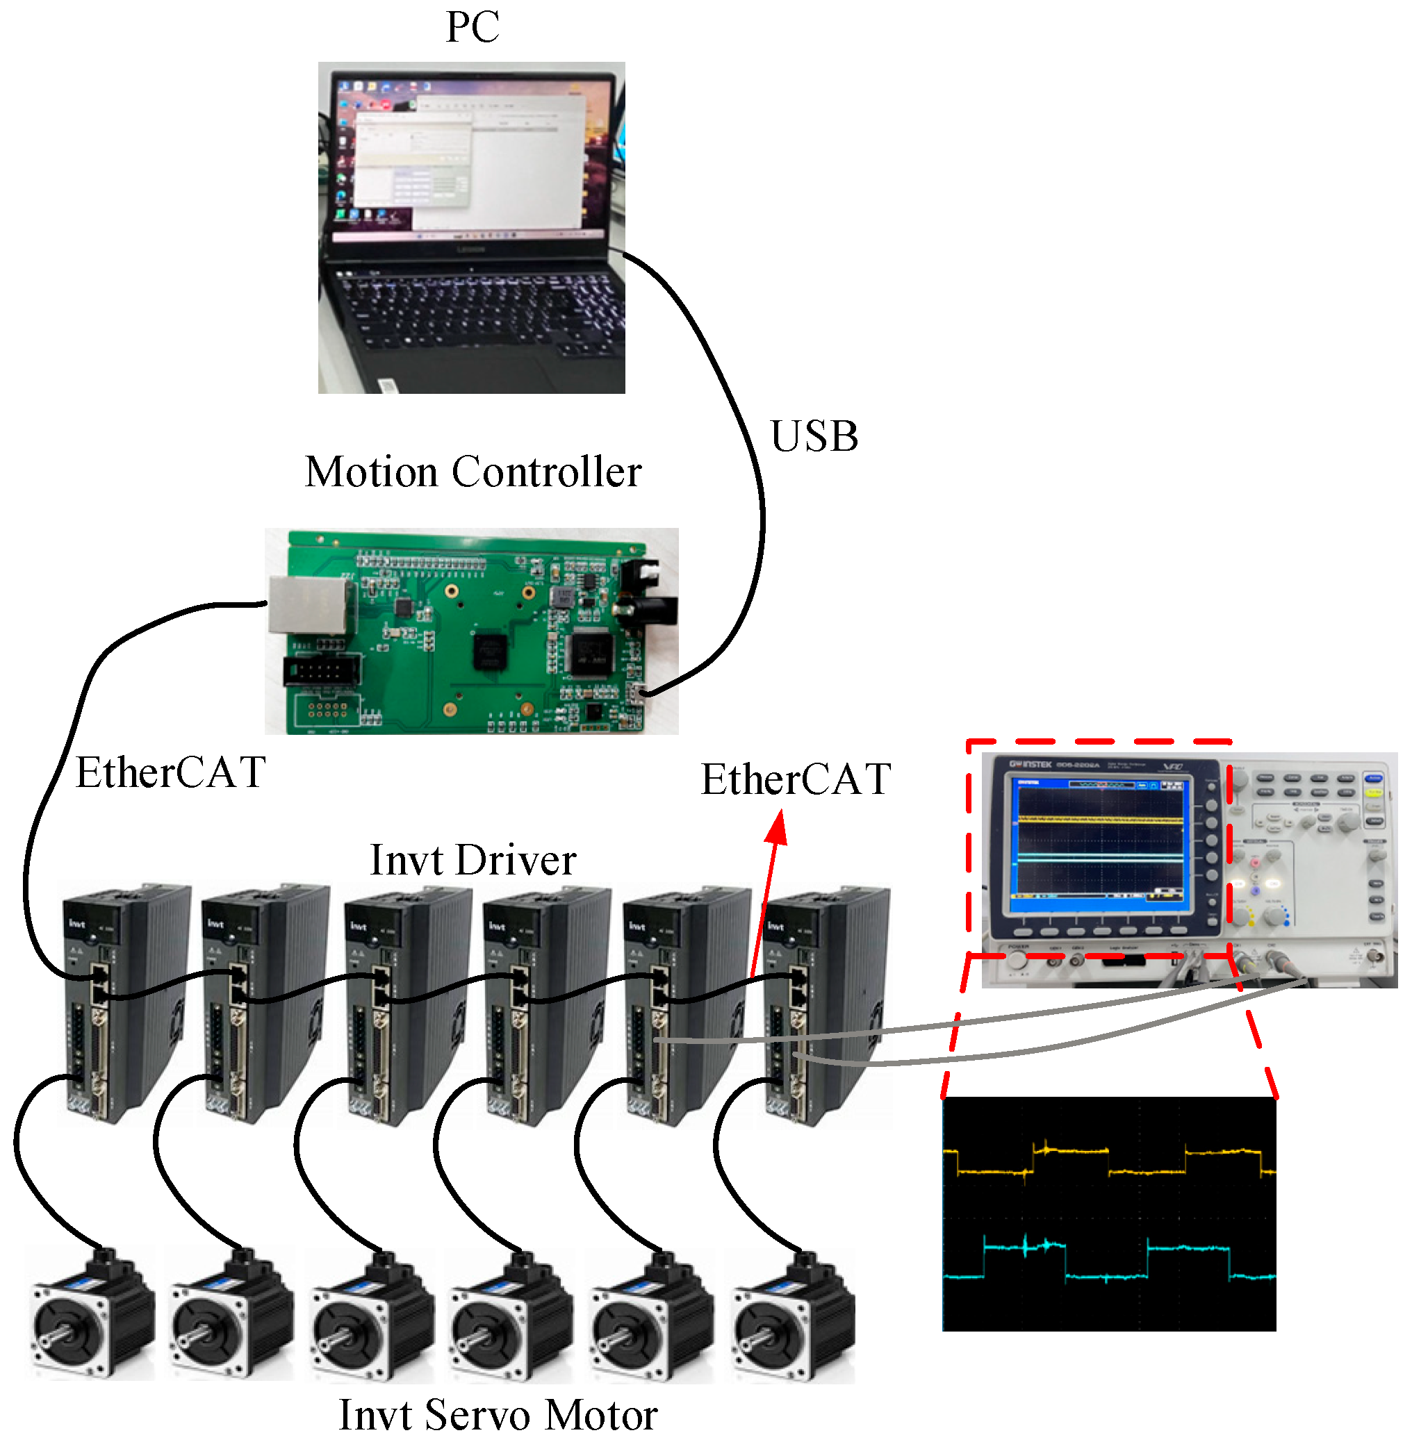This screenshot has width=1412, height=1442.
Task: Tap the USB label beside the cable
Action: (814, 436)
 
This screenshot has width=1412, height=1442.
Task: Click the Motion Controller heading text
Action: (473, 472)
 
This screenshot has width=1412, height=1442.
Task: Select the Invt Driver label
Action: (473, 860)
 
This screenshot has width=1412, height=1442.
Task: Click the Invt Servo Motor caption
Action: (498, 1415)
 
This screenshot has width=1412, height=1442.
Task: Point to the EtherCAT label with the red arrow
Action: (795, 780)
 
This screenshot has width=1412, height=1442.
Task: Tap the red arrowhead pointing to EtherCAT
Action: (777, 829)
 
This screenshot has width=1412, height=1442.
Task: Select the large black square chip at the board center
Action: (490, 652)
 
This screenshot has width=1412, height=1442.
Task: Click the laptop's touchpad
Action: (475, 367)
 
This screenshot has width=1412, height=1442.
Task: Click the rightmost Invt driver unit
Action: (823, 1001)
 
